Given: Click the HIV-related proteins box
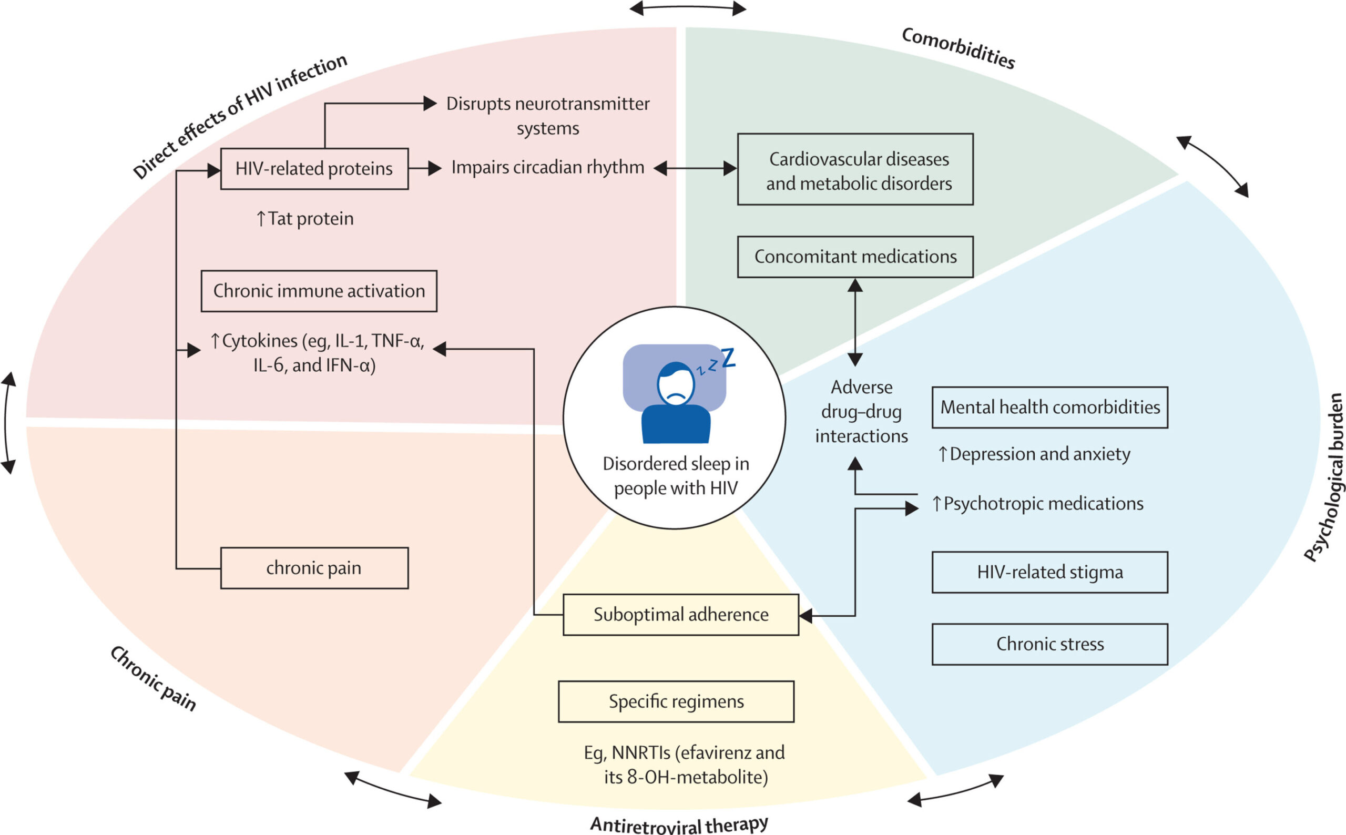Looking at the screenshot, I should point(314,169).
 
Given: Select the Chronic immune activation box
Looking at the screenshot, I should point(319,291).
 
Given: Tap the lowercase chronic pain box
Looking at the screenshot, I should point(314,568).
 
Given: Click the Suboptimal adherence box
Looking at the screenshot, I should point(680,615).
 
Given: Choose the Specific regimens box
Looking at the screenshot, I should point(676,701).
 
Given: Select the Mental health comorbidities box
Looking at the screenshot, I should point(1049,408).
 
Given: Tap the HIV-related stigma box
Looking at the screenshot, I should point(1049,572).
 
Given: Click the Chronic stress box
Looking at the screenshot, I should point(1049,644).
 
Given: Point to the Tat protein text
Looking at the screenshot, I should point(305,219).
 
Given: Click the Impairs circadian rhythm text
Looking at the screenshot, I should point(547,167).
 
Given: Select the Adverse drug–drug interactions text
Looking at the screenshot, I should point(861,411).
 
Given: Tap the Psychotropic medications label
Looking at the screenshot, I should point(1037,504).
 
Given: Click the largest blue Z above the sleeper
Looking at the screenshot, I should point(728,358).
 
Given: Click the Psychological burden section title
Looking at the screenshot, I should point(1325,477).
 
